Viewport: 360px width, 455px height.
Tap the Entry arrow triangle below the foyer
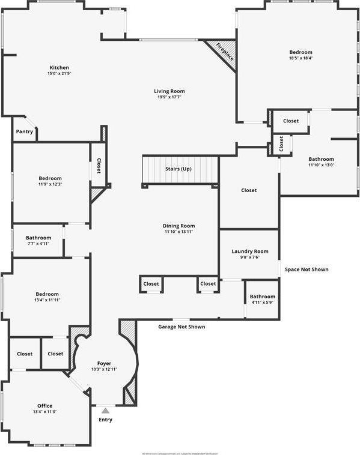105,411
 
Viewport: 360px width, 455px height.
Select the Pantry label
25,131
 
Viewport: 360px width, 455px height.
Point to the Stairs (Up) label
178,169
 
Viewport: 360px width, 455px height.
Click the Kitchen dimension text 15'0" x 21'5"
59,74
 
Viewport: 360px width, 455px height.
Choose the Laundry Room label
250,252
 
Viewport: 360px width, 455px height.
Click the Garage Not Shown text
182,327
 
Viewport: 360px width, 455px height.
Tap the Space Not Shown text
307,270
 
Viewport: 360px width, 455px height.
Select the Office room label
44,406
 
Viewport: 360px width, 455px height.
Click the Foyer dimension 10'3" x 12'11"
105,369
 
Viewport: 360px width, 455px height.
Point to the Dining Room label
179,225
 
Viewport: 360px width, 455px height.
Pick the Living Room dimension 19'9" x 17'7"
169,97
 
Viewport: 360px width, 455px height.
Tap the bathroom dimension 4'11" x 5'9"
263,303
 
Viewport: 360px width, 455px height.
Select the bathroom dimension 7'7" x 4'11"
37,244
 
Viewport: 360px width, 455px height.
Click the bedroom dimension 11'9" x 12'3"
50,184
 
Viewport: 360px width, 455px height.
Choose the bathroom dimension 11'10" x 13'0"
322,165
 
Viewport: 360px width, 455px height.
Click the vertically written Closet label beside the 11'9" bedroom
99,164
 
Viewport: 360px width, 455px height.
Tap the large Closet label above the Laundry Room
249,190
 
